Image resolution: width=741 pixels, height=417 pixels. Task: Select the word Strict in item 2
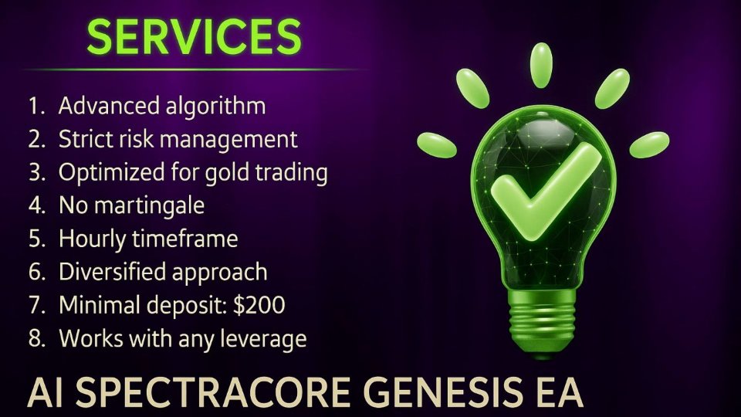(83, 139)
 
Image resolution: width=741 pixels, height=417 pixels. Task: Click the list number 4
(36, 206)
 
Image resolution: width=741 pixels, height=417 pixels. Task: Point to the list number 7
(36, 305)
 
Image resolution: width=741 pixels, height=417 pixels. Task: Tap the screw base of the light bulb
(541, 328)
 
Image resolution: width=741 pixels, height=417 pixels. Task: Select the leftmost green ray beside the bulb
(437, 142)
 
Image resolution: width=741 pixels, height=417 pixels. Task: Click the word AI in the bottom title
(49, 393)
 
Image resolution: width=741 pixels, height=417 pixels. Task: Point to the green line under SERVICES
(193, 69)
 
